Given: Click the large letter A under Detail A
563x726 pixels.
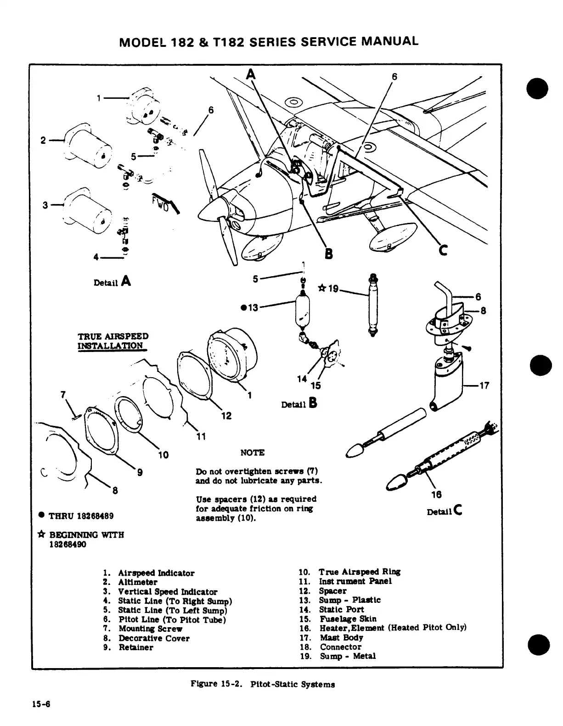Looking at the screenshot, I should (126, 281).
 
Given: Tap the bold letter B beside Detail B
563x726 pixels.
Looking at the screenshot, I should (313, 403).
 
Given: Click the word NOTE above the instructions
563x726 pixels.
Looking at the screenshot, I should (252, 453).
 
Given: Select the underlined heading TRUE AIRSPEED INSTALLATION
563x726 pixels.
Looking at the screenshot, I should (113, 341).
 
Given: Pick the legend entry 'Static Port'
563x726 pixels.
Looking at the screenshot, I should (341, 609).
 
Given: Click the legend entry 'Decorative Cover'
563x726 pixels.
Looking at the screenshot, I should (154, 638).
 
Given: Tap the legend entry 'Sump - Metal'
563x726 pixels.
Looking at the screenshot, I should (348, 656).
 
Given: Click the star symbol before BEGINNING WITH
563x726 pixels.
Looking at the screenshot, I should (42, 535).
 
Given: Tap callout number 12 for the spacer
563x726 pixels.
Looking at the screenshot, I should (226, 416).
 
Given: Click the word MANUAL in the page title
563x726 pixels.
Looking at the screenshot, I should (390, 41).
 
